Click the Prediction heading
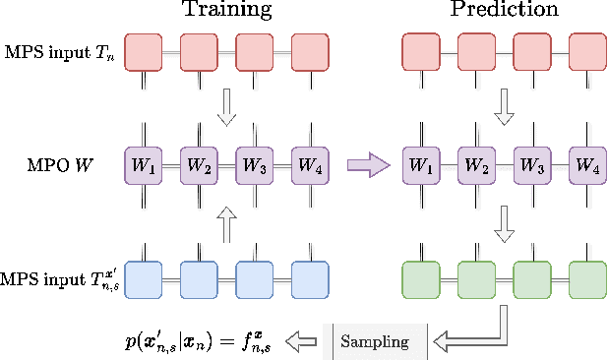coord(505,12)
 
